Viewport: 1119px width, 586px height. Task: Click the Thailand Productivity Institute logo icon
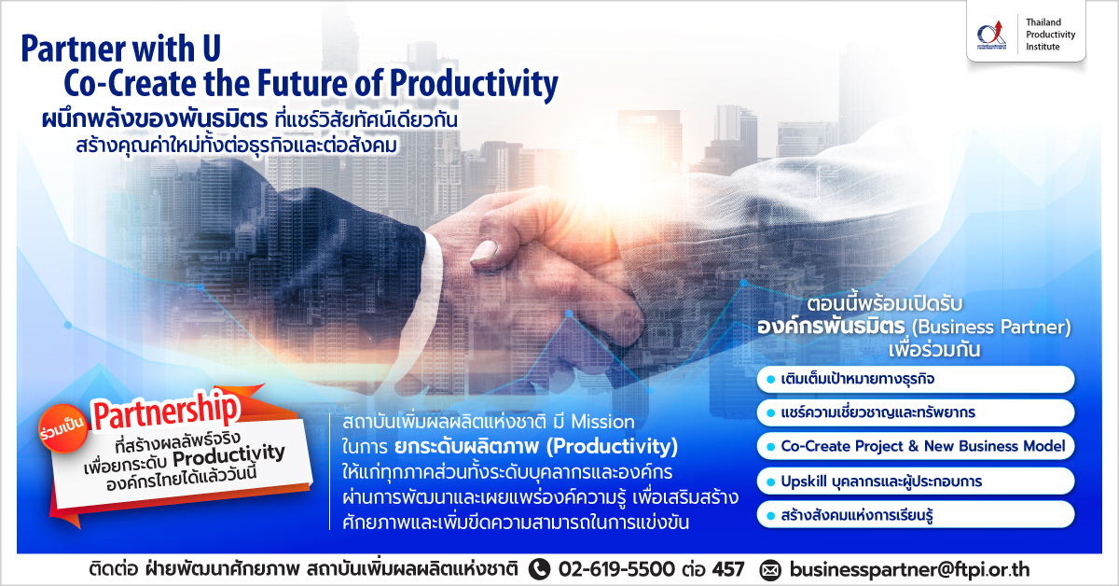click(991, 35)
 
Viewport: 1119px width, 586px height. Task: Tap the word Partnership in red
click(165, 411)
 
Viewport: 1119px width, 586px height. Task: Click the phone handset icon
click(539, 569)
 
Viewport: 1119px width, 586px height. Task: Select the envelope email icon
click(770, 570)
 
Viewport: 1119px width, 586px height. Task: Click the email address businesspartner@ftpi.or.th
click(910, 569)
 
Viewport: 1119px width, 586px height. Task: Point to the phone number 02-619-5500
click(616, 569)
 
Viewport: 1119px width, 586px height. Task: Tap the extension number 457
click(728, 569)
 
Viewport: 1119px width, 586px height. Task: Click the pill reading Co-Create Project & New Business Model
click(915, 446)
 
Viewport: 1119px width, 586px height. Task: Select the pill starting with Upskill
click(915, 481)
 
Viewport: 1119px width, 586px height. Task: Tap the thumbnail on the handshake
click(484, 251)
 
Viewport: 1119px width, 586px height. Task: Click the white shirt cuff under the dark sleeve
click(433, 280)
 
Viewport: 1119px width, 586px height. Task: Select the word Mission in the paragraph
click(602, 422)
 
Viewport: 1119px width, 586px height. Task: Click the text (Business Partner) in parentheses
click(991, 327)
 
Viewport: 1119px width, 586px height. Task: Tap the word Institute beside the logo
click(1043, 47)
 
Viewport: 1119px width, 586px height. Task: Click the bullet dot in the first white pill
click(771, 380)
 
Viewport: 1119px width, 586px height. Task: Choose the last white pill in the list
click(915, 515)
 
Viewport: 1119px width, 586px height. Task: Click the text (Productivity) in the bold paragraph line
click(612, 447)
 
